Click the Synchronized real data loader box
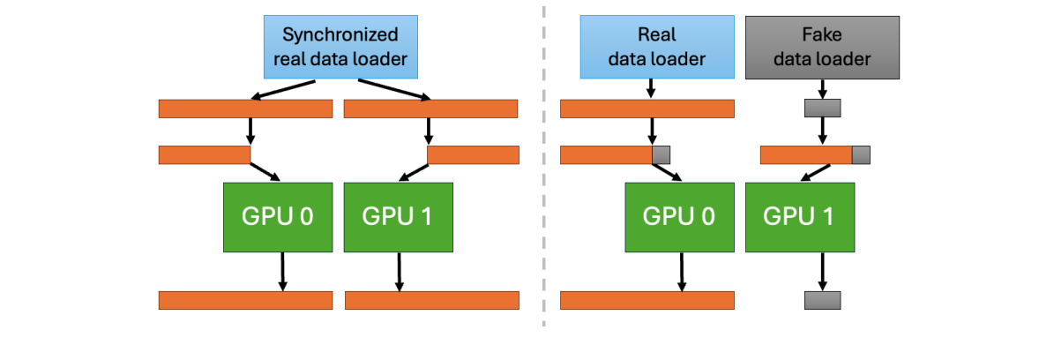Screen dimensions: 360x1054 coord(340,48)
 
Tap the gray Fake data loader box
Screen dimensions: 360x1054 coord(822,48)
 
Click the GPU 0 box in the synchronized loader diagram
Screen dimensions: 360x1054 coord(278,216)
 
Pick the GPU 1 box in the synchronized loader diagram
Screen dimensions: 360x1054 coord(398,216)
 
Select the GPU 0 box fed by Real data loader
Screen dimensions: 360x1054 coord(679,216)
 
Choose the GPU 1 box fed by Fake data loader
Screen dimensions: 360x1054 coord(799,216)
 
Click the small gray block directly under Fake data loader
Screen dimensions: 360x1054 coord(822,109)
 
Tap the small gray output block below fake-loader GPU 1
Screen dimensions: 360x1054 coord(822,300)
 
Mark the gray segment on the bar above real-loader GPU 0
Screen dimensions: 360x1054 coord(661,155)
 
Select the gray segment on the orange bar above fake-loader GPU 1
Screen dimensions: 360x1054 coord(861,155)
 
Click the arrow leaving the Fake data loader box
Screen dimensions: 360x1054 coord(822,89)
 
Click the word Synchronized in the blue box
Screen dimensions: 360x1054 coord(340,35)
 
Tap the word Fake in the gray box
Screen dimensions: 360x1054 coord(822,35)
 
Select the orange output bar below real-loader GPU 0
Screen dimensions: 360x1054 coord(647,300)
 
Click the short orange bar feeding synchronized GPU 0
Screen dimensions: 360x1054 coord(205,155)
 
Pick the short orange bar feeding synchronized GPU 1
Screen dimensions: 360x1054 coord(473,155)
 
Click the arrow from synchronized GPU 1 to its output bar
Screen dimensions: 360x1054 coord(400,270)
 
